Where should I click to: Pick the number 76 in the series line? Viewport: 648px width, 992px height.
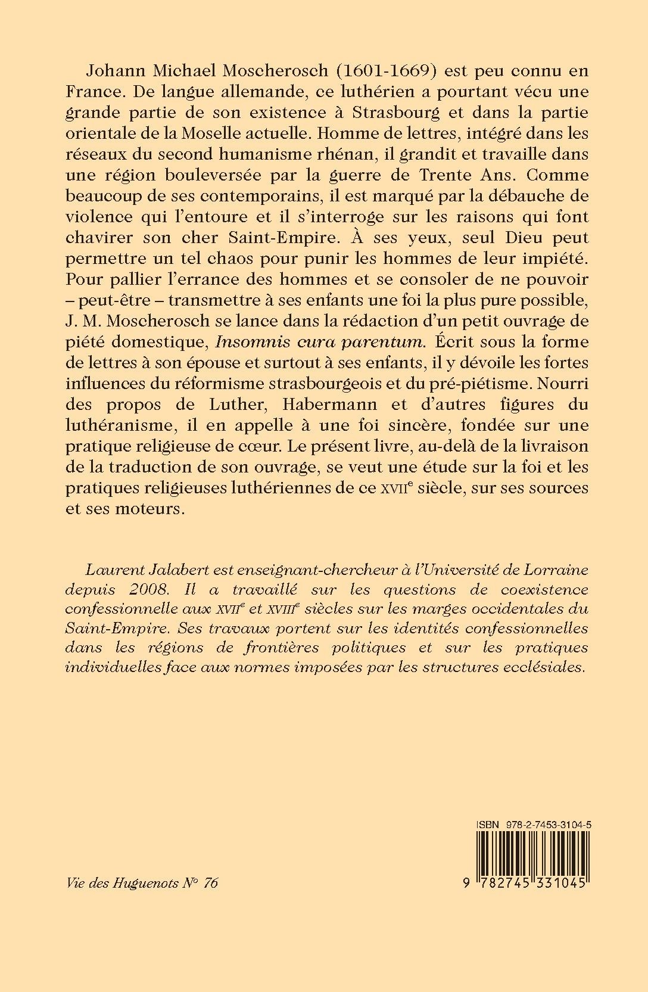click(210, 883)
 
